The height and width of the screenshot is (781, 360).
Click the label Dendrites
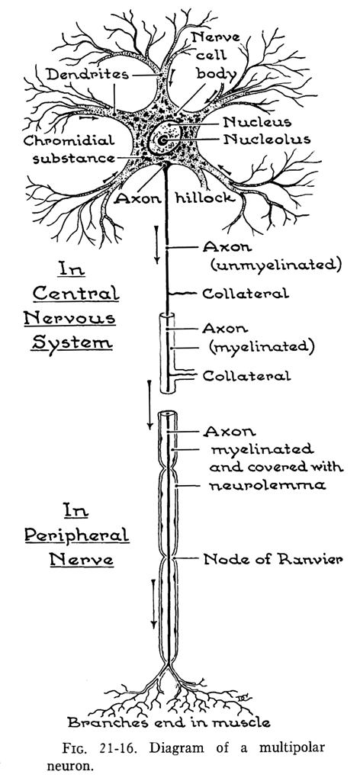click(x=88, y=76)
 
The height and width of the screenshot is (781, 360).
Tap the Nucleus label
click(x=258, y=122)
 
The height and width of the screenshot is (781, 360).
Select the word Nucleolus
click(x=267, y=139)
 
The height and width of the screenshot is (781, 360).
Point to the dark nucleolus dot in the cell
click(x=162, y=140)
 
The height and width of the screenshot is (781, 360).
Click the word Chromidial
click(x=69, y=141)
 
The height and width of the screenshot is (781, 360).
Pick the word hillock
click(x=204, y=198)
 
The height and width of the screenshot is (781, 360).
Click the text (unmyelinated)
click(x=276, y=265)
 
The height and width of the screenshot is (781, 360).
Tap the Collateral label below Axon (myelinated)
click(x=246, y=375)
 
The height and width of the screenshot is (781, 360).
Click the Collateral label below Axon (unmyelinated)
click(x=246, y=294)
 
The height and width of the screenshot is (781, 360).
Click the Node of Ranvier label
click(x=273, y=559)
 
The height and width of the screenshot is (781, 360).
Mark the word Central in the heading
click(x=76, y=293)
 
